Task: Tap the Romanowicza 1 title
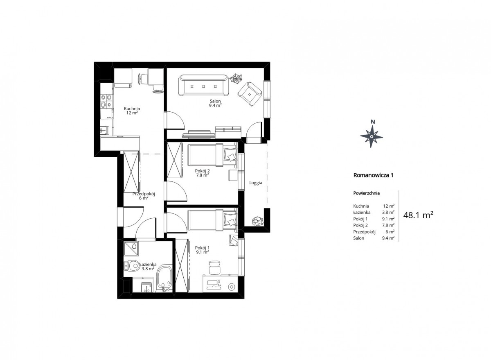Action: (373, 175)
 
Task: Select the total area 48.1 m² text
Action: (418, 215)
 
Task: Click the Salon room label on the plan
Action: (215, 101)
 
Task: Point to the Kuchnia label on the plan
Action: (132, 109)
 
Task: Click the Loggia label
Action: (256, 183)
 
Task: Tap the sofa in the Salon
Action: (203, 85)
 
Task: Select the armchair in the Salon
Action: (250, 94)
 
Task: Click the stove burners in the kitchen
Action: (106, 101)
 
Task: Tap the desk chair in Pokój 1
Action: (214, 267)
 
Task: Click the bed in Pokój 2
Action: (213, 155)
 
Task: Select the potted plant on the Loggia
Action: (257, 221)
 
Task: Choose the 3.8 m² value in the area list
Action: (388, 212)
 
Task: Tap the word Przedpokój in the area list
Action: (364, 232)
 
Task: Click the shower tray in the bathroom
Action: (131, 249)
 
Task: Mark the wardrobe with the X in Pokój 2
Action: (174, 160)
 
